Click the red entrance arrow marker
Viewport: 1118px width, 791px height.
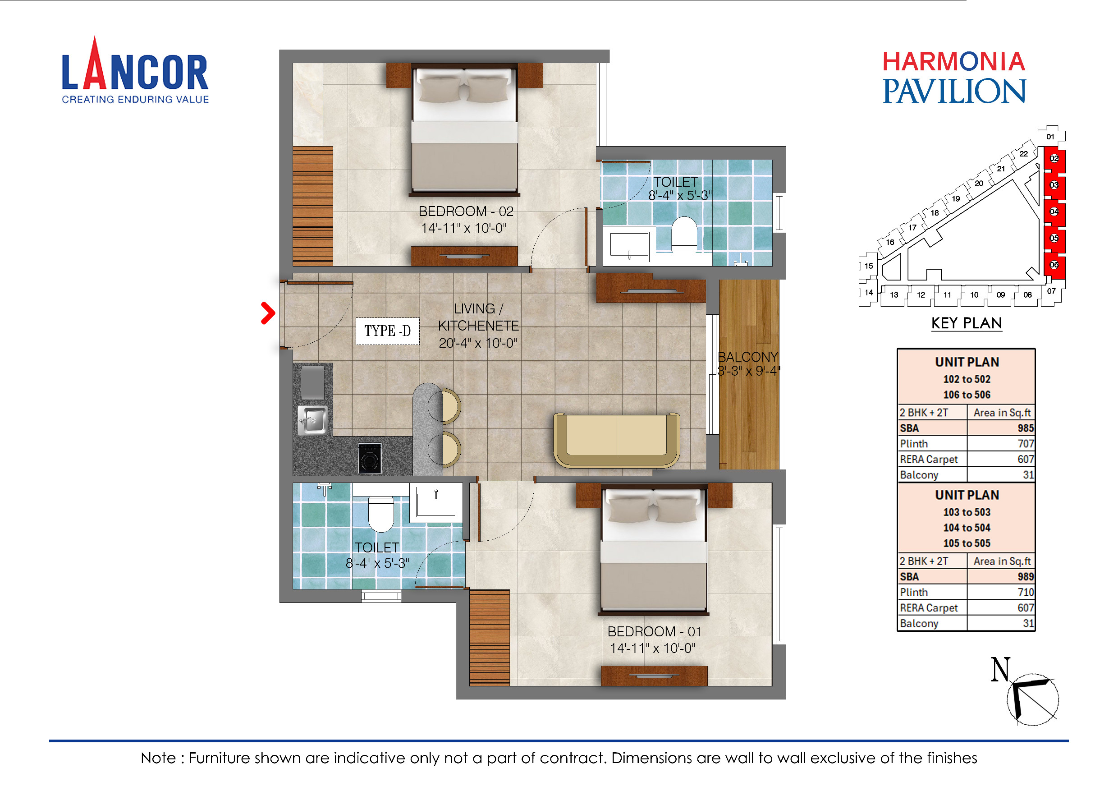click(268, 313)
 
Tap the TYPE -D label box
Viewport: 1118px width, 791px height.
click(388, 331)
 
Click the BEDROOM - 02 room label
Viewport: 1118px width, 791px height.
click(466, 212)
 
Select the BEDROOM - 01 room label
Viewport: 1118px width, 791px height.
click(654, 632)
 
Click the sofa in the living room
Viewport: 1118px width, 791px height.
click(616, 440)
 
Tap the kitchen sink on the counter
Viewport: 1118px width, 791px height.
click(312, 420)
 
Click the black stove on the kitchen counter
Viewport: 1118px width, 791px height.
click(370, 458)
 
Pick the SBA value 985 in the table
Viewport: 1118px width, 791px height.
click(1025, 428)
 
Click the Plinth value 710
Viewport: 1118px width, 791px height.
click(1025, 592)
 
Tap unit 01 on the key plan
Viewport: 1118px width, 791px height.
click(1050, 137)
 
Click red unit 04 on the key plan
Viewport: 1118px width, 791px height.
click(1054, 212)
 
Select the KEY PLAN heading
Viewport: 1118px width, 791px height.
click(967, 323)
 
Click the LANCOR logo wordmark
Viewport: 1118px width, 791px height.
click(135, 72)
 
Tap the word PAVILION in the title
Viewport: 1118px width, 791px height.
click(954, 92)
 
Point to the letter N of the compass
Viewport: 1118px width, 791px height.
click(1001, 670)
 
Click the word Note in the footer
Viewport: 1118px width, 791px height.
click(158, 759)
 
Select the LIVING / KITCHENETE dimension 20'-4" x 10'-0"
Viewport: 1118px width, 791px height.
click(478, 343)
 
